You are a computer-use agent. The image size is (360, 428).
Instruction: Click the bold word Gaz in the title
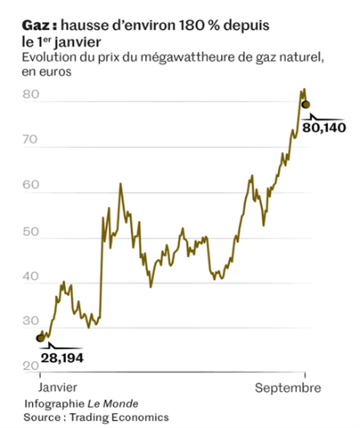[x=36, y=26]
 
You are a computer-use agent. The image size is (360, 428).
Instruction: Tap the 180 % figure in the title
[x=199, y=25]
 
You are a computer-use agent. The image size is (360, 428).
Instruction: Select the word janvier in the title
[x=78, y=43]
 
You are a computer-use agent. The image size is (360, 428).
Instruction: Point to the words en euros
[x=46, y=72]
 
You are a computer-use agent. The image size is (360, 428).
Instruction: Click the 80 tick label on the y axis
[x=31, y=94]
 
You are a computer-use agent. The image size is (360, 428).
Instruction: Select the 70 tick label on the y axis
[x=30, y=140]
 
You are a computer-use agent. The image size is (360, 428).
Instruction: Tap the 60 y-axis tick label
[x=31, y=185]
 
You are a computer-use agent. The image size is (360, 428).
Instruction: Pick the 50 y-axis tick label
[x=31, y=232]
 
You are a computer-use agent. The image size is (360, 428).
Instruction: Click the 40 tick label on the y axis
[x=31, y=276]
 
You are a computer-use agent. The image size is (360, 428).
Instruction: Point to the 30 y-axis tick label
[x=31, y=321]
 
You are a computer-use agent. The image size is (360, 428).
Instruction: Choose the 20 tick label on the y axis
[x=31, y=366]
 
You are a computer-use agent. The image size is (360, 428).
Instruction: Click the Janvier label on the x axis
[x=58, y=388]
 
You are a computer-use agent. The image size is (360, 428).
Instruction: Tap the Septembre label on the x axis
[x=288, y=388]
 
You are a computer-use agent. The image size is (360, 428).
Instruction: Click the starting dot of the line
[x=40, y=338]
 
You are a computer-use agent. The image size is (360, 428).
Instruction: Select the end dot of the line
[x=306, y=105]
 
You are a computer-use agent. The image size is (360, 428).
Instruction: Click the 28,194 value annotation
[x=62, y=358]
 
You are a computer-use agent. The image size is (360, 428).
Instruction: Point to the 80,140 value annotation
[x=324, y=128]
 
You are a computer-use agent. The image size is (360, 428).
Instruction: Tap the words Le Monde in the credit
[x=113, y=404]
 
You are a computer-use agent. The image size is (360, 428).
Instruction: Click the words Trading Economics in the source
[x=119, y=417]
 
